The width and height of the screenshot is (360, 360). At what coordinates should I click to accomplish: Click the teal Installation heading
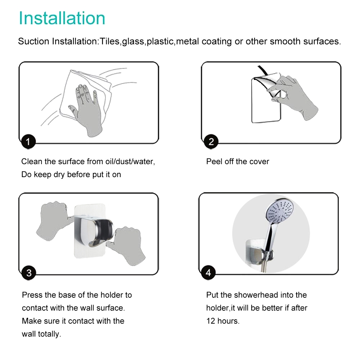coord(62,18)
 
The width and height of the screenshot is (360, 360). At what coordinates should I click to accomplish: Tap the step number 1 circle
coord(28,141)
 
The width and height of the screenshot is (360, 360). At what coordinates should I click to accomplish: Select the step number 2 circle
coord(211,141)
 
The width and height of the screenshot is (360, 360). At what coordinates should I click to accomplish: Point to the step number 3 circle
coord(29,273)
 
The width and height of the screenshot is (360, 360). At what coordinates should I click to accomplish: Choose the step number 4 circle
coord(208,273)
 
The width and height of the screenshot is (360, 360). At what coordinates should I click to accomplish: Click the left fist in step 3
coord(53,220)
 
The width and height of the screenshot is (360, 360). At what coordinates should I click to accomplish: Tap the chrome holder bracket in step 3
coord(94,232)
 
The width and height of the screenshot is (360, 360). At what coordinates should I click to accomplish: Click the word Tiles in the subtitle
coord(109,41)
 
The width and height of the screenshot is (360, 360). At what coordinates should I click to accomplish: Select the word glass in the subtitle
coord(133,42)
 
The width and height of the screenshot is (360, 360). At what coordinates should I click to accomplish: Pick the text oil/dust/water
coord(130,161)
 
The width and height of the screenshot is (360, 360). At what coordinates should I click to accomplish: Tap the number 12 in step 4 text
coord(211,321)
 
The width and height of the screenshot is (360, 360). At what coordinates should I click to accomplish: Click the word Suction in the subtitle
coord(33,41)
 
